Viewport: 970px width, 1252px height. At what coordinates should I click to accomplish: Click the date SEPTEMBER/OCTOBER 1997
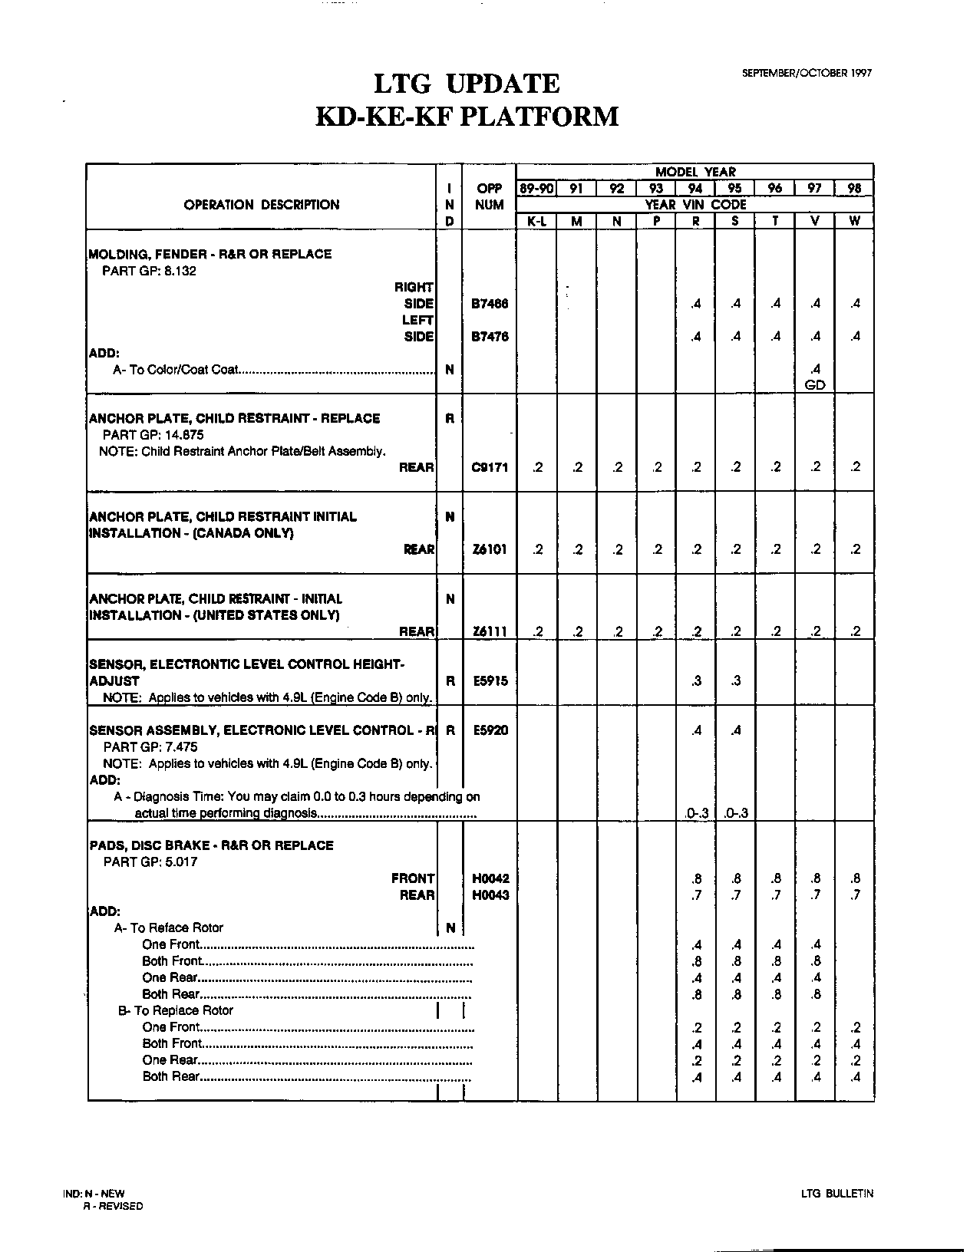pos(807,73)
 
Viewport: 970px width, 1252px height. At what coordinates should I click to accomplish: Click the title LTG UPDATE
pos(466,84)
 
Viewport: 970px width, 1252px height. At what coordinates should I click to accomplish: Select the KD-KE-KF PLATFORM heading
pos(467,117)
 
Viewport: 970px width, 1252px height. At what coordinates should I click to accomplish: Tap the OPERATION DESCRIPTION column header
pos(261,205)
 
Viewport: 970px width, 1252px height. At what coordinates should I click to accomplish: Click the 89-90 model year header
pos(536,189)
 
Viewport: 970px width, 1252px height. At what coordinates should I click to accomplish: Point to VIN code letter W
pos(854,221)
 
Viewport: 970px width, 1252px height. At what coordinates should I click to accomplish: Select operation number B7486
pos(490,304)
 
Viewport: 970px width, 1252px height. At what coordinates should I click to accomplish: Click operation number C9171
pos(490,467)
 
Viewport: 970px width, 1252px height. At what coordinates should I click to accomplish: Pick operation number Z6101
pos(490,549)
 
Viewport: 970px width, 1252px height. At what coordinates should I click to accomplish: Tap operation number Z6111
pos(490,631)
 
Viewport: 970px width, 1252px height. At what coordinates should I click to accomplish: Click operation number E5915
pos(490,680)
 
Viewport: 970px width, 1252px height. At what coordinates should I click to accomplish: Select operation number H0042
pos(490,878)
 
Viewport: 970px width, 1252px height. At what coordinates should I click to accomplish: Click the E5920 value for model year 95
pos(735,730)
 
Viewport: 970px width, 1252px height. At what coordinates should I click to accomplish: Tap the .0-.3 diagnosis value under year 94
pos(695,813)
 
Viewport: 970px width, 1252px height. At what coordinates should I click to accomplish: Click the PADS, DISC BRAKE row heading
pos(212,845)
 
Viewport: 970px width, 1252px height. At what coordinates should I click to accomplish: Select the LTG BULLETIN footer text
pos(836,1194)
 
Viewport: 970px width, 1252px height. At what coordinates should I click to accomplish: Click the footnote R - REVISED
pos(113,1206)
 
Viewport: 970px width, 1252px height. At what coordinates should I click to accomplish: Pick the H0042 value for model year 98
pos(855,878)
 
